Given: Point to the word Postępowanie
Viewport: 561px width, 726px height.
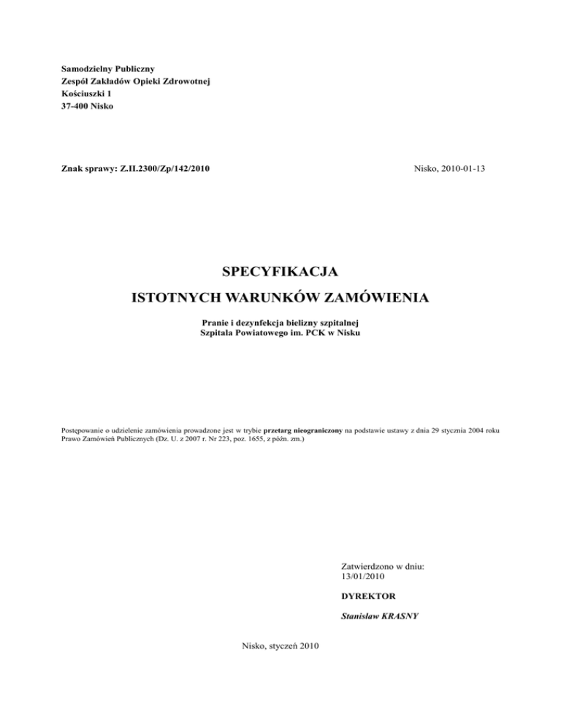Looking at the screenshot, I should pyautogui.click(x=82, y=432).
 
